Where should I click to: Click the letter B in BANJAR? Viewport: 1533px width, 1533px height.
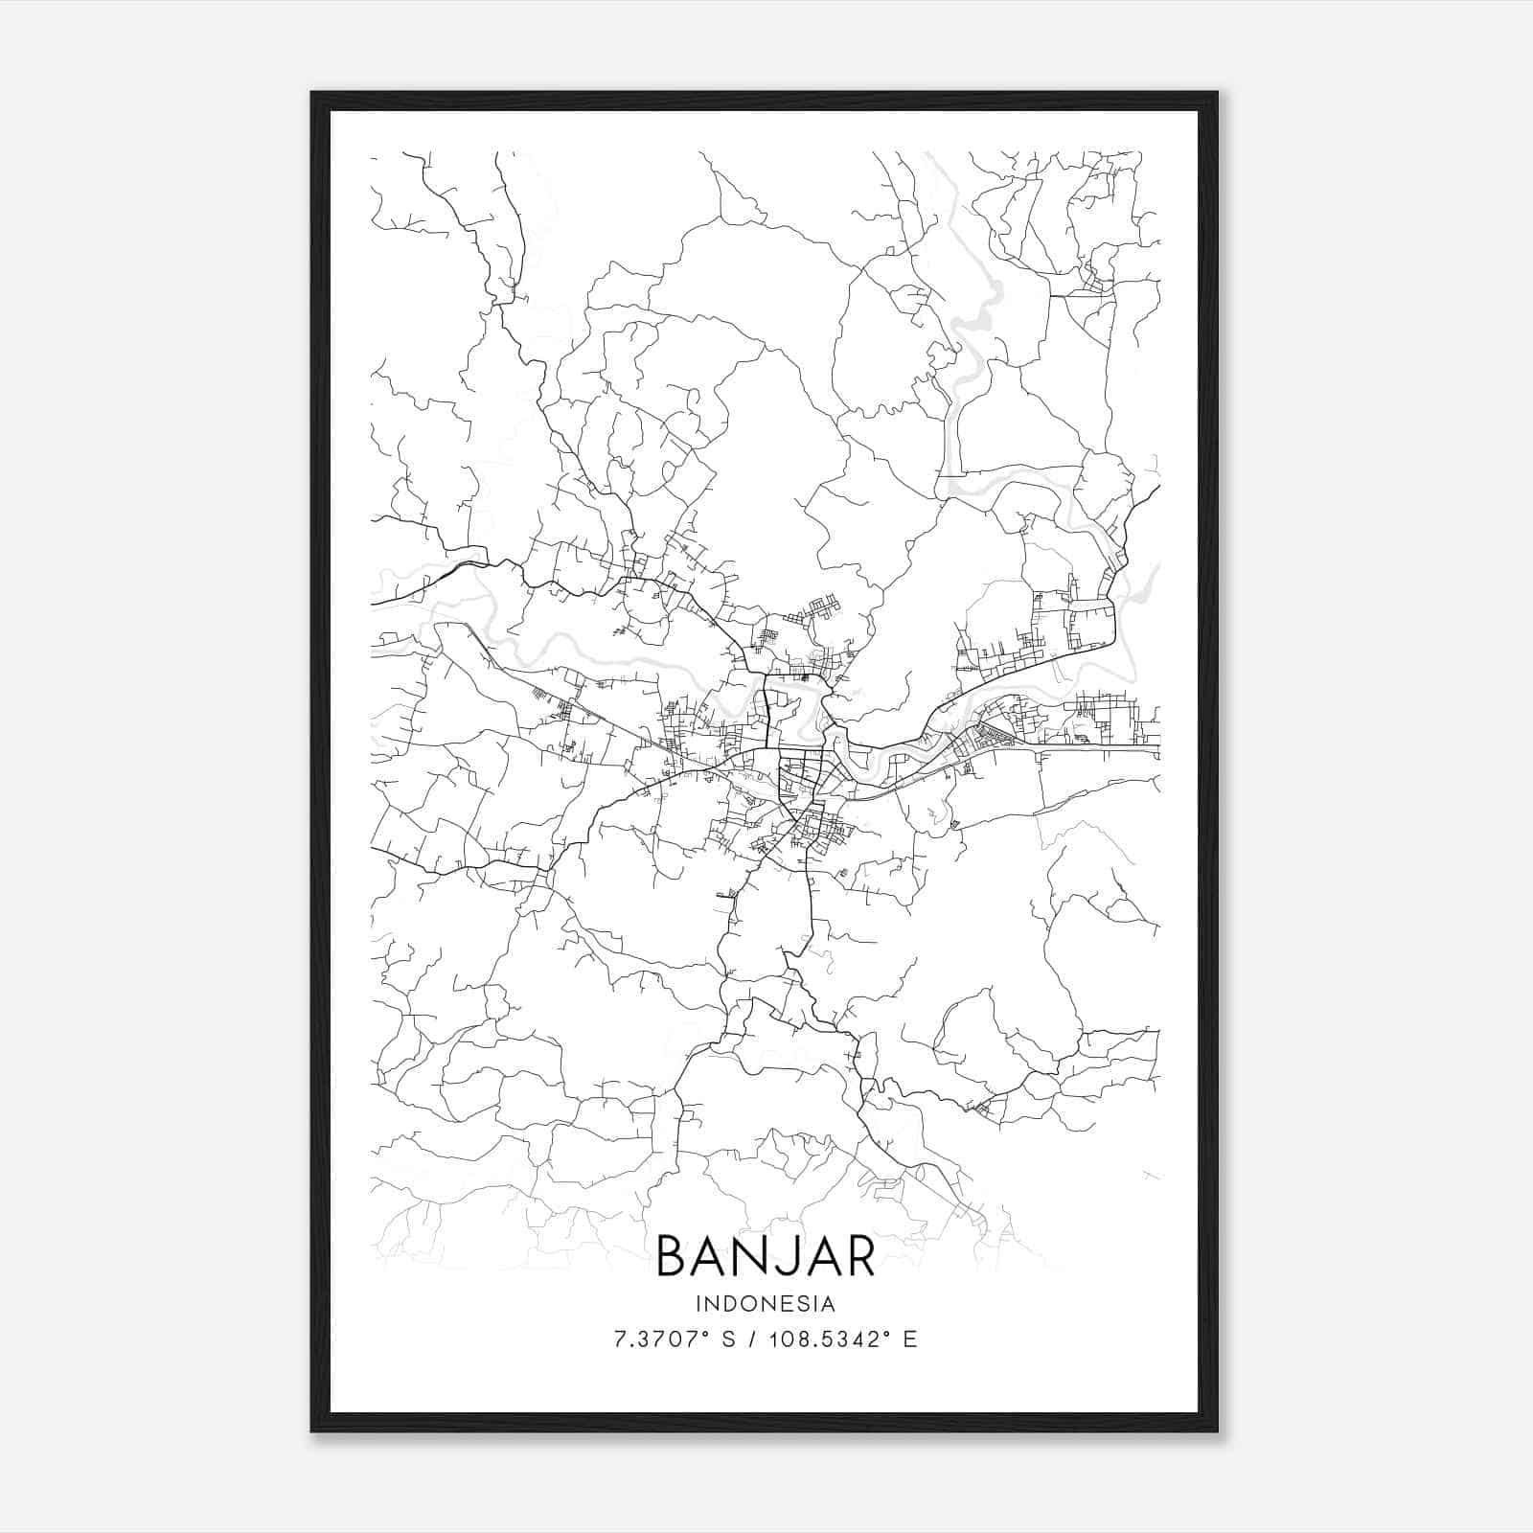(x=674, y=1257)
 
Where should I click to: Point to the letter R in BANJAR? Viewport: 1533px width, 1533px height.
(x=859, y=1257)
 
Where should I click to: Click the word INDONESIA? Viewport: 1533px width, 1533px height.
(x=766, y=1304)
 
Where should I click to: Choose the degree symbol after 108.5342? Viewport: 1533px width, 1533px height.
(x=886, y=1333)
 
